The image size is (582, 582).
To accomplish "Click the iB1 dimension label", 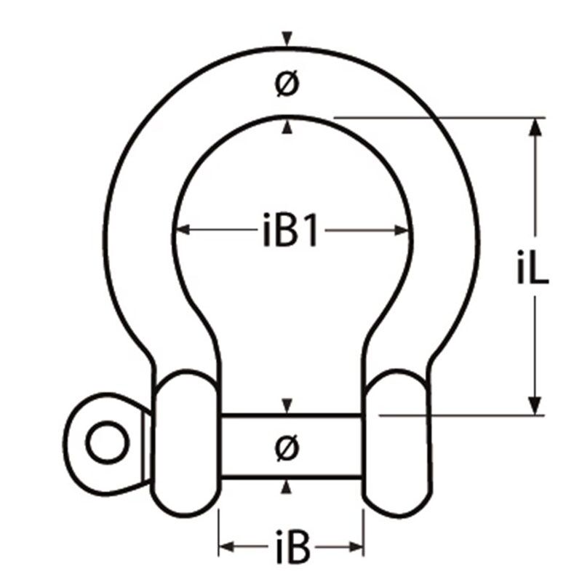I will pyautogui.click(x=290, y=231).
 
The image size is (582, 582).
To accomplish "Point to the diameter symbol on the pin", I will pyautogui.click(x=288, y=445).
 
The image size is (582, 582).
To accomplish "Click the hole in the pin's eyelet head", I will pyautogui.click(x=106, y=443).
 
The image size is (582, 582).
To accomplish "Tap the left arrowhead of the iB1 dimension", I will pyautogui.click(x=180, y=231).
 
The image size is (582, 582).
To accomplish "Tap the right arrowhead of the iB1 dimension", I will pyautogui.click(x=402, y=231).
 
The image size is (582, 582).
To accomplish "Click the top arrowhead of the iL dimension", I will pyautogui.click(x=536, y=126).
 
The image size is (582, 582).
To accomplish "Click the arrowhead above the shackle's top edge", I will pyautogui.click(x=289, y=37).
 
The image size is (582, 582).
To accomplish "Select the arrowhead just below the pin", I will pyautogui.click(x=289, y=486).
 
